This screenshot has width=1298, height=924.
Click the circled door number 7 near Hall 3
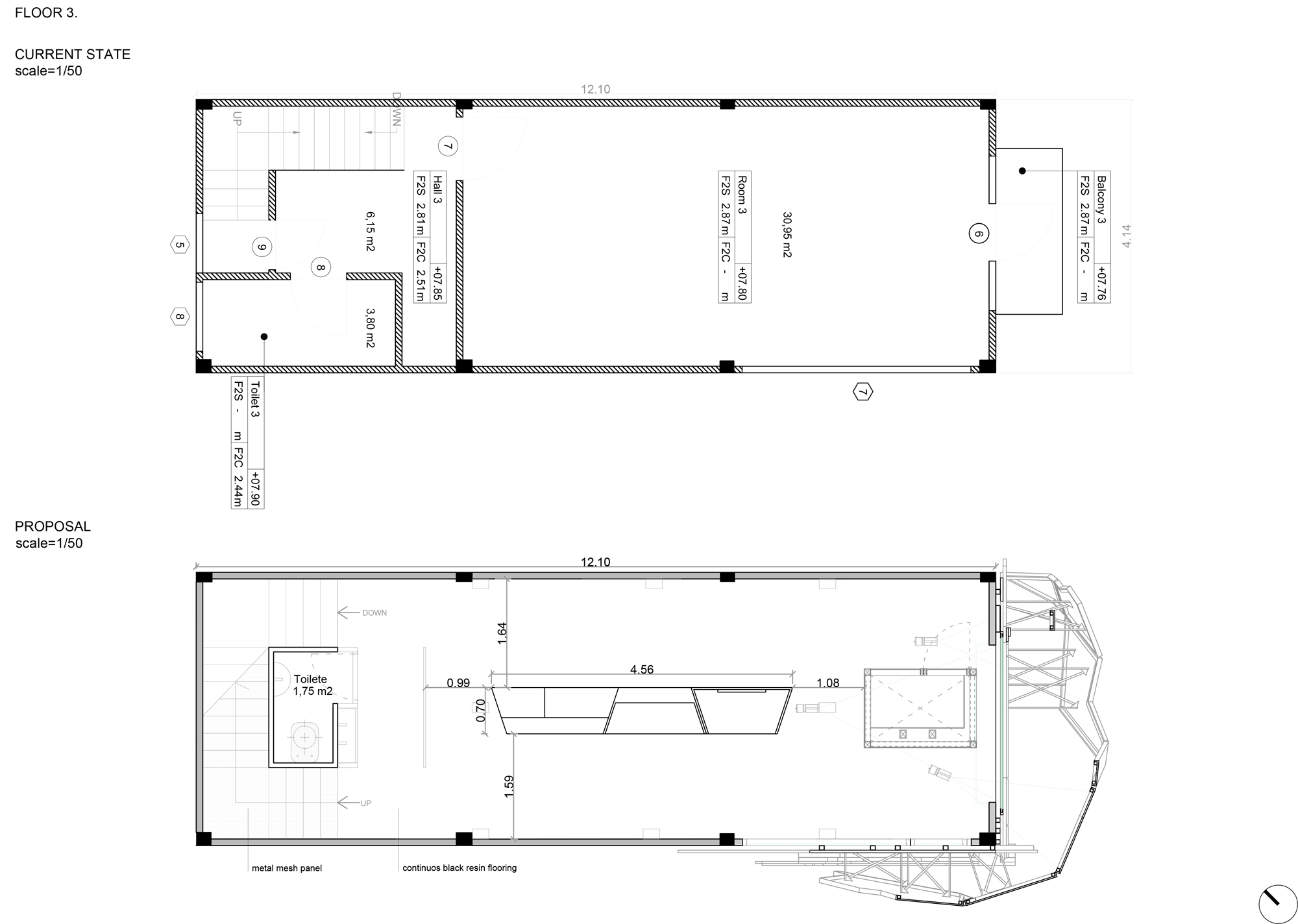[x=448, y=146]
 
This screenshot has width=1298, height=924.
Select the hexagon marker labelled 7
[x=863, y=392]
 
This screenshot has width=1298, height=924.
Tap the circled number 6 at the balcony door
[x=979, y=234]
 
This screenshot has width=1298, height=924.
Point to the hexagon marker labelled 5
[x=180, y=245]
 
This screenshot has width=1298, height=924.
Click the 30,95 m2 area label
[x=787, y=234]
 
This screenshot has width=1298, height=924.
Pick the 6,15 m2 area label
[x=370, y=231]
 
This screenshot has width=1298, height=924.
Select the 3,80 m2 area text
[x=370, y=328]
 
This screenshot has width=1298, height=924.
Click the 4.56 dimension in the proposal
[x=642, y=670]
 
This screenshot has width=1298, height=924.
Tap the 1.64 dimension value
[x=502, y=633]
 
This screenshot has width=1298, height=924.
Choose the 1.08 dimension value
[x=828, y=683]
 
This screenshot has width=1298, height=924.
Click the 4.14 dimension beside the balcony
[x=1126, y=236]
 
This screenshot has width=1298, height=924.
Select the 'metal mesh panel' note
[x=287, y=868]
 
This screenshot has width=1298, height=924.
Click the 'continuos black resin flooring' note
[x=459, y=868]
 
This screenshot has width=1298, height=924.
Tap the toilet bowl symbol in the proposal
[x=305, y=739]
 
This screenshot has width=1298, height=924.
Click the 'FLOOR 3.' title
[x=46, y=13]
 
